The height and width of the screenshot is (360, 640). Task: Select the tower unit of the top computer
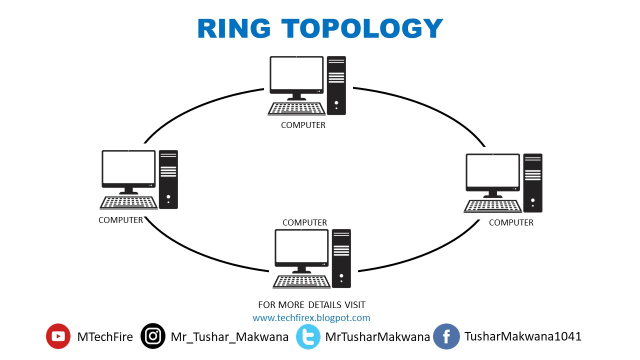point(336,85)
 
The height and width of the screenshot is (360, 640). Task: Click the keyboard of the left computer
point(128,202)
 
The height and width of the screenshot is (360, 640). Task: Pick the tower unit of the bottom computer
point(341,258)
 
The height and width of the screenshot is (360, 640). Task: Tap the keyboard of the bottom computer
point(302,281)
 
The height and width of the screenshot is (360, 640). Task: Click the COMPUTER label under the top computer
point(303,125)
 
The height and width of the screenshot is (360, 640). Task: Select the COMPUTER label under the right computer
point(511,223)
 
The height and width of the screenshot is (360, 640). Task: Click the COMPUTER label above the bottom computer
point(304,223)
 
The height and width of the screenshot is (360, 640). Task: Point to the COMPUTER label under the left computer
point(120,220)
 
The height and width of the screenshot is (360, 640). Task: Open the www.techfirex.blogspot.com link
point(311,318)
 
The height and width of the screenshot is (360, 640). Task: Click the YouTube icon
point(58,336)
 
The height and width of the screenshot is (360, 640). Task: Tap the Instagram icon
point(153,336)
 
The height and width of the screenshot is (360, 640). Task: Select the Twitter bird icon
point(308,336)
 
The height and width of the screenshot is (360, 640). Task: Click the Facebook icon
point(446,336)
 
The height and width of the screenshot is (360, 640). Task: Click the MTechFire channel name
point(105,337)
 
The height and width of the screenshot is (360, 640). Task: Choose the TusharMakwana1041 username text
point(523,336)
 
